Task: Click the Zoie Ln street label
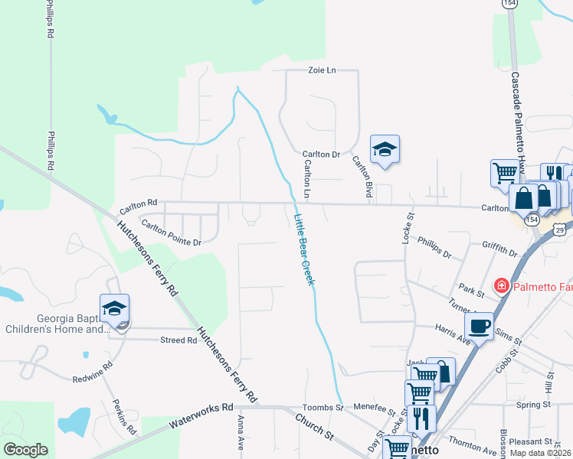322,70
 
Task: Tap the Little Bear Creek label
304,250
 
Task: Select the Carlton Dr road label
320,154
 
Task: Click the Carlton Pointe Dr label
169,236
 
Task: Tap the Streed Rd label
178,340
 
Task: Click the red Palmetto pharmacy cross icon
502,286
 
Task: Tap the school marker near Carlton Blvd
385,150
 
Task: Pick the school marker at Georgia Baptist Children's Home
115,308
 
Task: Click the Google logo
25,450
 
